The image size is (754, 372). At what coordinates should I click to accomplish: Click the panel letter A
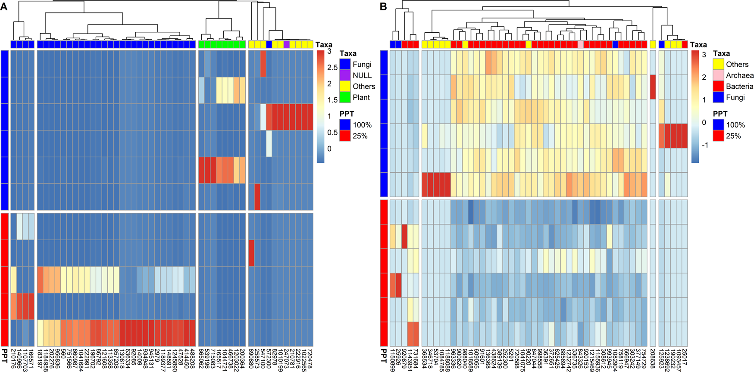(4, 6)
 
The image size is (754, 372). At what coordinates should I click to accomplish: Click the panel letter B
(383, 6)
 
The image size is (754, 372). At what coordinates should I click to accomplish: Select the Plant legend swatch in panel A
(345, 97)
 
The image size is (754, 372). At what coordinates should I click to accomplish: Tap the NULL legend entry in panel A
(345, 75)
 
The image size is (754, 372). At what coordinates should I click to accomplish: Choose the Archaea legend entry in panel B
(718, 75)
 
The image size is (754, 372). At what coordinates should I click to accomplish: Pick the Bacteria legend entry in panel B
(718, 86)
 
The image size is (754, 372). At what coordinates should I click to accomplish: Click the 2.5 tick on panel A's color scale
(332, 68)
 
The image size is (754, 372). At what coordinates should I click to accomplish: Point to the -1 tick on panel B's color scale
(705, 145)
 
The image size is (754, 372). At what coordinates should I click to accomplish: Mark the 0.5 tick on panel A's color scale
(332, 132)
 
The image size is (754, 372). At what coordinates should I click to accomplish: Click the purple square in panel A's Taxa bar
(287, 44)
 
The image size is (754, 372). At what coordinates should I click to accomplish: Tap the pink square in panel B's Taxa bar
(581, 44)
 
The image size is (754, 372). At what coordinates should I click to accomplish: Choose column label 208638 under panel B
(653, 357)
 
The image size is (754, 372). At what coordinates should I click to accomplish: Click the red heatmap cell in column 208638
(653, 87)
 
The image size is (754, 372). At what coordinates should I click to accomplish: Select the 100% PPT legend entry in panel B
(718, 125)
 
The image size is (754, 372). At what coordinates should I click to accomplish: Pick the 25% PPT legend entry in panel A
(345, 136)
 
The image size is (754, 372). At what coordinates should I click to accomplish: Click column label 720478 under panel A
(310, 357)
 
